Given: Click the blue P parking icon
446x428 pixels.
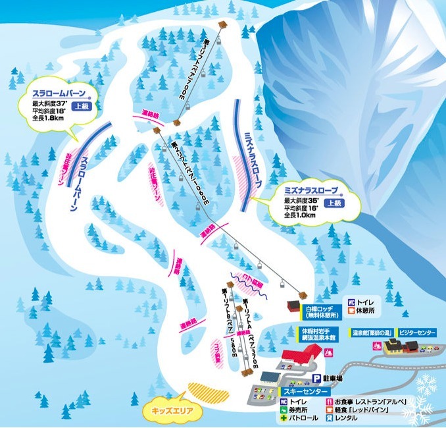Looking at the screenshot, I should point(315,379).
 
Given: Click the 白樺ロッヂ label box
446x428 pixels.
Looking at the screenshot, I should point(318,310).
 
